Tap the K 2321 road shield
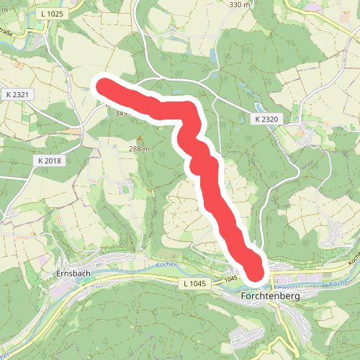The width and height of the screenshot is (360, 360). pyautogui.click(x=17, y=94)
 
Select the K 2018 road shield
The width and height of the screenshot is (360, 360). pyautogui.click(x=50, y=160)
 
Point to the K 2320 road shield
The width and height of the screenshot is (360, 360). pyautogui.click(x=266, y=118)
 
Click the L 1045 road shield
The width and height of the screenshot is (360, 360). pyautogui.click(x=195, y=284)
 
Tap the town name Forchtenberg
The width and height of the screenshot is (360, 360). pyautogui.click(x=270, y=296)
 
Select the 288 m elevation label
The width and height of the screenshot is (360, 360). pyautogui.click(x=139, y=149)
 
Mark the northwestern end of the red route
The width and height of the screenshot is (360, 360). pyautogui.click(x=104, y=86)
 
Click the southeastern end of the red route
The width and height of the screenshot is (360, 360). pyautogui.click(x=256, y=271)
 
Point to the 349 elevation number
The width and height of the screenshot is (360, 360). pyautogui.click(x=121, y=113)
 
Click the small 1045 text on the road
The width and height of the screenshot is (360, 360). pyautogui.click(x=230, y=278)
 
